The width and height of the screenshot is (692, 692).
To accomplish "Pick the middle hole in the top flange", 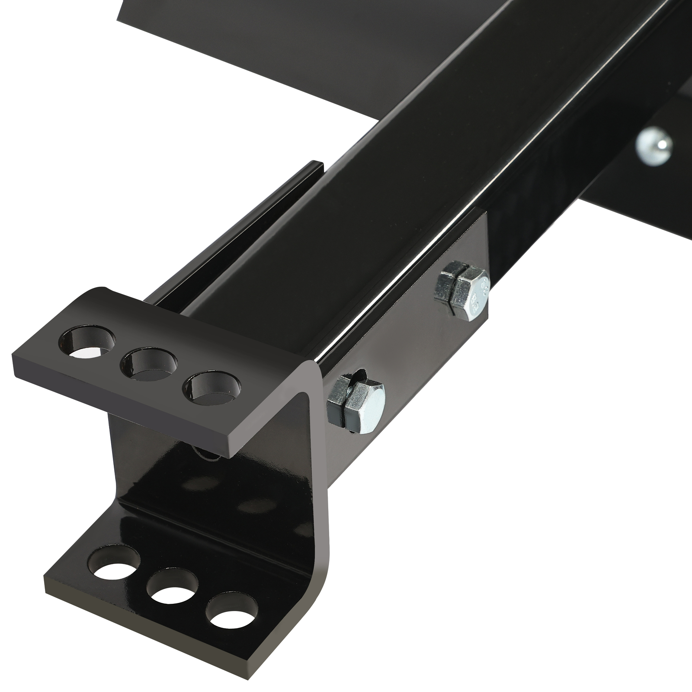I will tap(151, 363).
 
